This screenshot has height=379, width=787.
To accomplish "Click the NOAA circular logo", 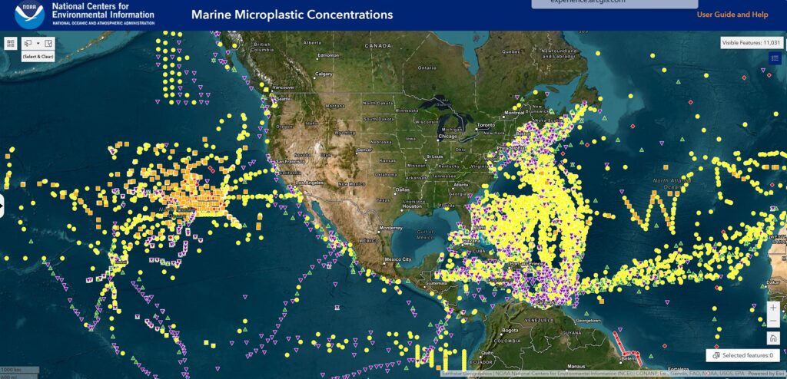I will coord(29,15).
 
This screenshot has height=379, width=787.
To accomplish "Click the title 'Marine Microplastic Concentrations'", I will coord(291,15).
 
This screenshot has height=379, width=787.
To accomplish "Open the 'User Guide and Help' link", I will coord(732,15).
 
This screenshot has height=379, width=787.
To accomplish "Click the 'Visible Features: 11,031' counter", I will coord(751,43).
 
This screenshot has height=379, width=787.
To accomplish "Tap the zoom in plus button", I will coord(773,308).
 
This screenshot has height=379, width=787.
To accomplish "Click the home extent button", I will coord(773,338).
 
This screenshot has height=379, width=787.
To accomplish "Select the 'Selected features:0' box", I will coord(742,356).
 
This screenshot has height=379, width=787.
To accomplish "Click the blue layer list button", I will coord(775,58).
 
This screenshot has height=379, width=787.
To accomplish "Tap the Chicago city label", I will coord(448,137).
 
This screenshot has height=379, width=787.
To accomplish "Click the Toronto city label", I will coord(485,125).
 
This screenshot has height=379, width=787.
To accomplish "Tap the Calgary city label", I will coord(324,74).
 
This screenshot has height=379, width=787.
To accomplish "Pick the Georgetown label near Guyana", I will coord(584,318).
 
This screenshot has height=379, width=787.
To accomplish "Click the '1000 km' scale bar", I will coord(11,370).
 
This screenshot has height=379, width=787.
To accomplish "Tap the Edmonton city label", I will coord(329,55).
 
